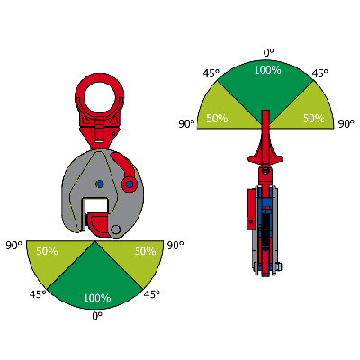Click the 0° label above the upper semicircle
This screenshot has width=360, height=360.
click(x=269, y=53)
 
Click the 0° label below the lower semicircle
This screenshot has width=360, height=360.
click(x=97, y=316)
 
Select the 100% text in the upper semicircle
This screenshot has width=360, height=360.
click(x=267, y=70)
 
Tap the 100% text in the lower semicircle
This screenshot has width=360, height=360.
click(x=97, y=298)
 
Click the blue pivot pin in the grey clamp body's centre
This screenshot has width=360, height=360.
click(x=99, y=184)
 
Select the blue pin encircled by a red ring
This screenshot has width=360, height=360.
click(x=130, y=184)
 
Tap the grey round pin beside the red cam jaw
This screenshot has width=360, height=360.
click(x=115, y=229)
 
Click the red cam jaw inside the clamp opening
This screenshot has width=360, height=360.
click(x=99, y=224)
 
